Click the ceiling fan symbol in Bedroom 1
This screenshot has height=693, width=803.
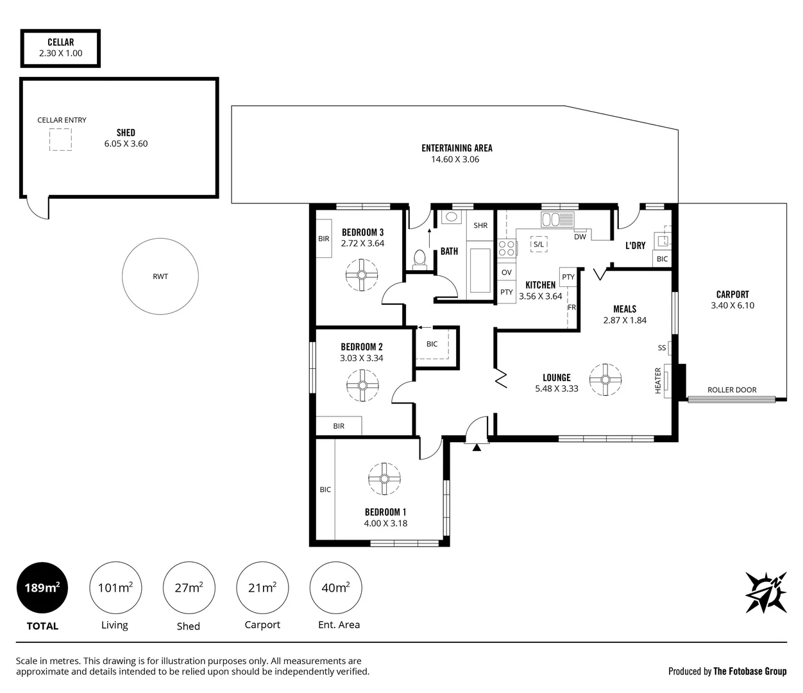click(x=384, y=479)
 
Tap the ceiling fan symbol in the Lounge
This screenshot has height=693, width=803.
click(x=605, y=379)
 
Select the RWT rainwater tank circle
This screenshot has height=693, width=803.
click(x=160, y=276)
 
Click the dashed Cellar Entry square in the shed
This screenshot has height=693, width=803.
click(x=61, y=139)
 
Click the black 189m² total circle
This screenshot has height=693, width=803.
click(x=42, y=587)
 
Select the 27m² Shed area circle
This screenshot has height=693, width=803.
click(x=189, y=587)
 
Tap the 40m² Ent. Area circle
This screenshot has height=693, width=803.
click(x=335, y=587)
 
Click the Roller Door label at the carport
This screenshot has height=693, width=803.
click(x=732, y=389)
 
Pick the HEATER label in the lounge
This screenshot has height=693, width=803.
click(x=658, y=381)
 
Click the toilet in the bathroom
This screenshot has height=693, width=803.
click(x=420, y=258)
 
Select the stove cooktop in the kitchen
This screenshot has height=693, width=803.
click(x=507, y=248)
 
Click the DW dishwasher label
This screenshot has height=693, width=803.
click(x=580, y=237)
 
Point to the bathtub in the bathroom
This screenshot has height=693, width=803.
click(x=479, y=269)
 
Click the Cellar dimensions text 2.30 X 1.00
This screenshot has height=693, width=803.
click(x=60, y=53)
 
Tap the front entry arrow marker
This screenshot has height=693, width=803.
click(x=476, y=447)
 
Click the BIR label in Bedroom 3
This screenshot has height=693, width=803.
click(x=323, y=239)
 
